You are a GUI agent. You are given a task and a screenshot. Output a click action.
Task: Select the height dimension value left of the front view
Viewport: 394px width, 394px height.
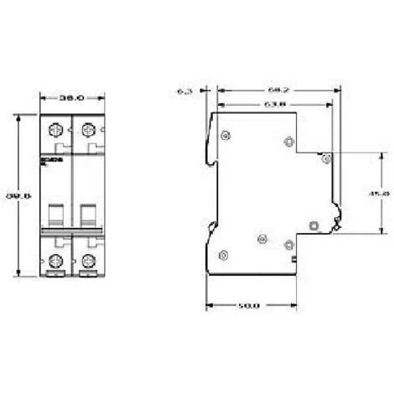(x=20, y=196)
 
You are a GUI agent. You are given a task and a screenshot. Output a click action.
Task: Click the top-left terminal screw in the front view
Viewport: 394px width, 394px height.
(x=56, y=131)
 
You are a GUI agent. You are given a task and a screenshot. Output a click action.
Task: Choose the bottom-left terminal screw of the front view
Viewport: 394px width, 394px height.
(x=56, y=260)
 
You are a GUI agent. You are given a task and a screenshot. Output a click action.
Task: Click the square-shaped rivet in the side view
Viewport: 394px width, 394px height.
(x=314, y=225)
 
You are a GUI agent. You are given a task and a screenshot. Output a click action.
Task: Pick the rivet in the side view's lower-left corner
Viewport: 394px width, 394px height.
(x=223, y=254)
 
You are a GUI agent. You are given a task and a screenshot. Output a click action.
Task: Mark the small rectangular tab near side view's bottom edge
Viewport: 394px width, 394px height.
(x=295, y=266)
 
